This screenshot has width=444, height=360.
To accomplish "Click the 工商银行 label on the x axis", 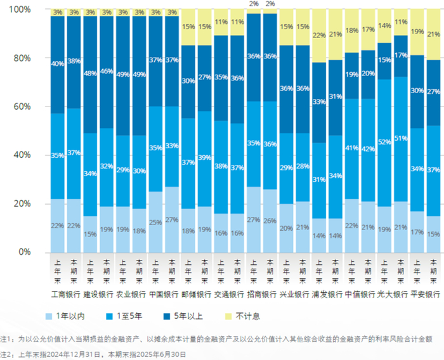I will click(x=66, y=294).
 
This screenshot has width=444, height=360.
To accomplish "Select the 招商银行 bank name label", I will click(x=261, y=294).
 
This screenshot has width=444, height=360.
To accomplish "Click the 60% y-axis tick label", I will click(x=21, y=106).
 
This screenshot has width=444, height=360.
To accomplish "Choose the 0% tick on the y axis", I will click(x=23, y=252).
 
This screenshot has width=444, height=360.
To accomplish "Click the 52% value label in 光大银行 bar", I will click(x=384, y=143).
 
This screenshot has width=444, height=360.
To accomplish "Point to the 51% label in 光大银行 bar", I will click(x=400, y=138).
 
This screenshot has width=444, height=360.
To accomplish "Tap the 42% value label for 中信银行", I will click(x=368, y=150).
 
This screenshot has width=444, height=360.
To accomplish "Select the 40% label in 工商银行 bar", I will click(x=58, y=63).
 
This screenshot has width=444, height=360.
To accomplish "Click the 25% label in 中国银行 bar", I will click(x=155, y=222).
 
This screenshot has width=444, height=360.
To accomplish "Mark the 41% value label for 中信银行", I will click(x=351, y=148).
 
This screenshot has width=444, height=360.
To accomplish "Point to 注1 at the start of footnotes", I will click(x=6, y=340).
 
